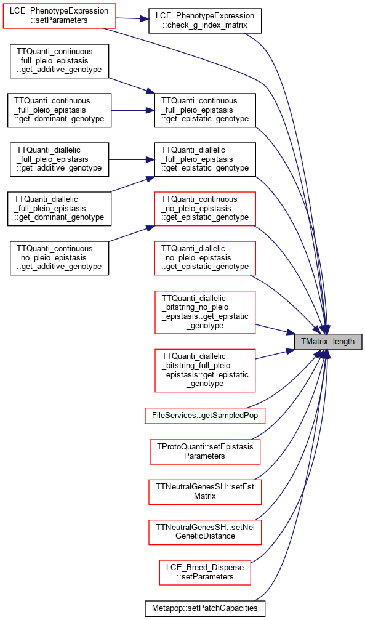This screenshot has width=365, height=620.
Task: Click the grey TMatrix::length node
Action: (328, 341)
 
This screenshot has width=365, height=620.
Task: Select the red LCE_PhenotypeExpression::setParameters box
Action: (59, 16)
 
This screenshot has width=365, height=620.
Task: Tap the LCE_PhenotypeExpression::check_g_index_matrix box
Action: (205, 20)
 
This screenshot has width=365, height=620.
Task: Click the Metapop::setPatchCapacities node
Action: (204, 608)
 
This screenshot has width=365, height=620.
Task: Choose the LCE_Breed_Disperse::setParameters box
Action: (205, 572)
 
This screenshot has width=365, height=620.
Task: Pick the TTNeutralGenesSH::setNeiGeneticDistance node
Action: (205, 532)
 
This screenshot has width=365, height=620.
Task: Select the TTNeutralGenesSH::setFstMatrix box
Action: (205, 491)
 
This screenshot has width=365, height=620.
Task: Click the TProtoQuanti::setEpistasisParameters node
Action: (205, 451)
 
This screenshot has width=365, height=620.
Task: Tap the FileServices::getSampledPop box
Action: (205, 416)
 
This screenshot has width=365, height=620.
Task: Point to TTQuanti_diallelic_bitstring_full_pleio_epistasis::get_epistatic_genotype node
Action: (205, 371)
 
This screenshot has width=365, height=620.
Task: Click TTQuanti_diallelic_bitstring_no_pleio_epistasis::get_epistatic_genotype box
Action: (205, 312)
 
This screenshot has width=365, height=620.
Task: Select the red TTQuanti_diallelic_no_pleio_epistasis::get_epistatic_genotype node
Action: (205, 258)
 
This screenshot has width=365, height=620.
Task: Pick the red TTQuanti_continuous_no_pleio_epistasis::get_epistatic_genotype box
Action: (205, 209)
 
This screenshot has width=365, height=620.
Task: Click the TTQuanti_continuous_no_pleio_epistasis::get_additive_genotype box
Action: (59, 258)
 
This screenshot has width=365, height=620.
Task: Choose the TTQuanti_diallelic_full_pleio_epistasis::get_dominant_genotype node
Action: (59, 209)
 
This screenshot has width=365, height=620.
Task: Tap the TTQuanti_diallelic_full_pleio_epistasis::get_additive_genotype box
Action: (59, 159)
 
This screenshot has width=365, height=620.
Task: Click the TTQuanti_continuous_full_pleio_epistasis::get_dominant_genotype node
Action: (59, 110)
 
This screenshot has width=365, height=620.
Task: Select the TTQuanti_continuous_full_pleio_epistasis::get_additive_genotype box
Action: (59, 62)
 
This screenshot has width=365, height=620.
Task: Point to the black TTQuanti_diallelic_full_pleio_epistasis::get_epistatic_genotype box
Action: (205, 159)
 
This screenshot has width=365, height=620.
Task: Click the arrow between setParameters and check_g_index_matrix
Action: (132, 18)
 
